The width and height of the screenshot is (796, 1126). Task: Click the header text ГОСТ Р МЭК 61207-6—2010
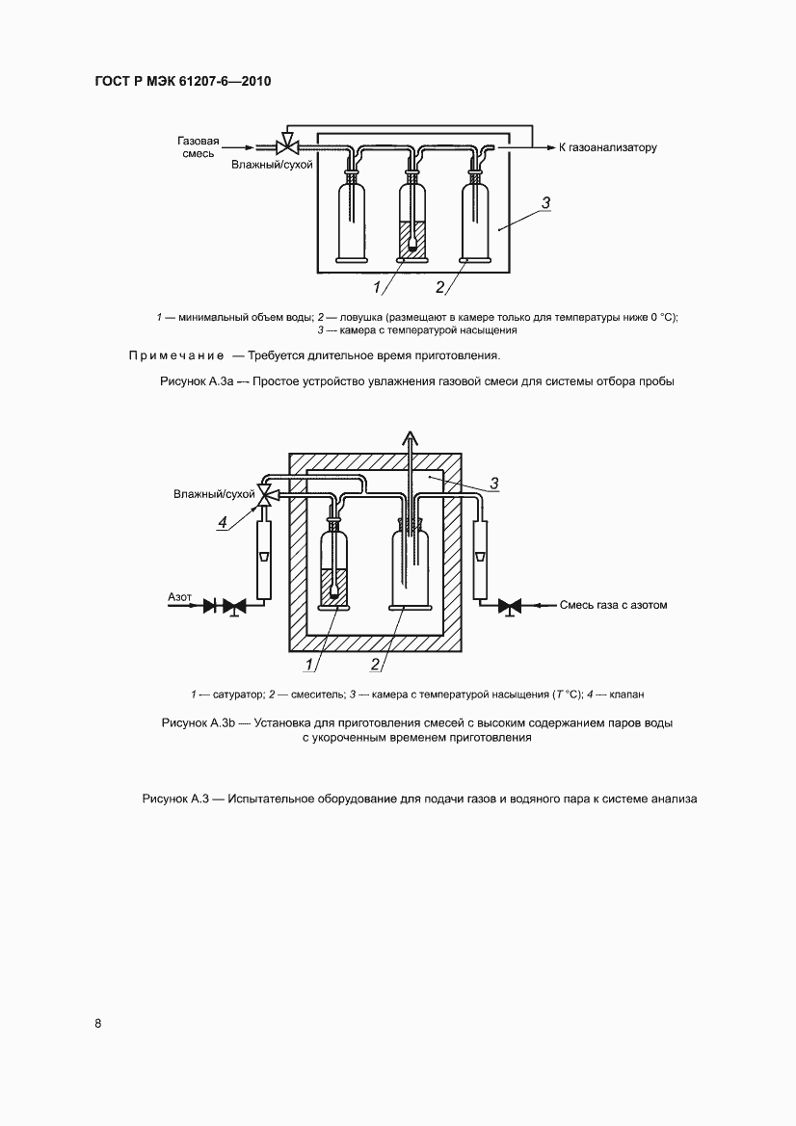(x=182, y=82)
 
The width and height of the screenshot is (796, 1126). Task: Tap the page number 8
(x=98, y=1023)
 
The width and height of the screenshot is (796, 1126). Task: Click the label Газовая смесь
(x=199, y=147)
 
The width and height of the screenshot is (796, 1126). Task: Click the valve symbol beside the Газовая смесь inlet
(x=286, y=147)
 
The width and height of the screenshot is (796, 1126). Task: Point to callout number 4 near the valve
(x=223, y=522)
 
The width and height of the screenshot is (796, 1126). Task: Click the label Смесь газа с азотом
(x=613, y=606)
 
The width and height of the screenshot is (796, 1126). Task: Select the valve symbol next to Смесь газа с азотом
(x=514, y=606)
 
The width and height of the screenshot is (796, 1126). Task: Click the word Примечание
(x=176, y=355)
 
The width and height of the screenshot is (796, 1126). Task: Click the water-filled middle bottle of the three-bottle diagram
(x=412, y=222)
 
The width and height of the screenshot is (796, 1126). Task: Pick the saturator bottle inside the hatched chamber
(x=333, y=568)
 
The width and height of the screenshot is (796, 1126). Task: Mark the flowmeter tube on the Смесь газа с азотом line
(x=483, y=560)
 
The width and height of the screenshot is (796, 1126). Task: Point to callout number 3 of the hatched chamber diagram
(x=492, y=484)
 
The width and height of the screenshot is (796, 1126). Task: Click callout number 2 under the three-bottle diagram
(x=440, y=286)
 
